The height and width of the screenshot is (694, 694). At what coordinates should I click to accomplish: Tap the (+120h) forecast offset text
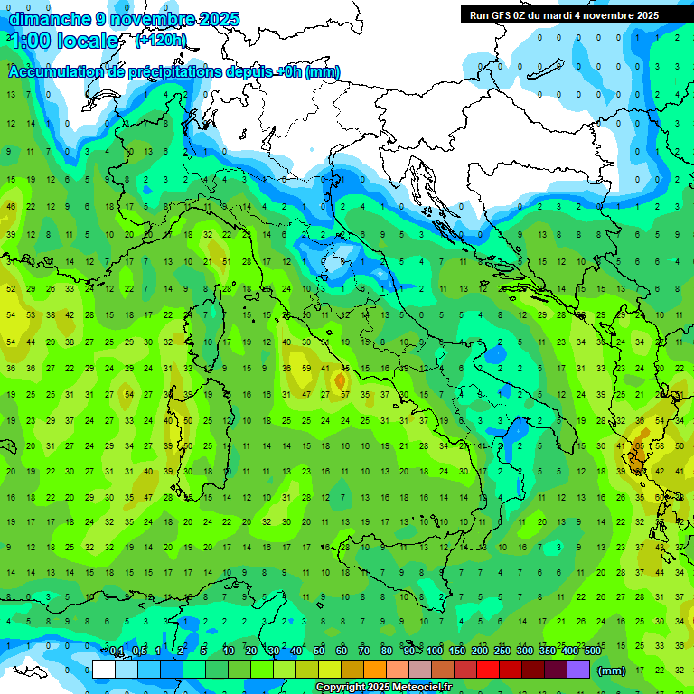[x=161, y=40]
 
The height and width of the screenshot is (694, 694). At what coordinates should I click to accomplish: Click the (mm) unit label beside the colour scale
[x=612, y=671]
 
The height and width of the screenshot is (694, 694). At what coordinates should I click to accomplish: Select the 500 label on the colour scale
[x=593, y=651]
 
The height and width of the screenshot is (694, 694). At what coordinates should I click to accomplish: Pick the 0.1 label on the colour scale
[x=117, y=651]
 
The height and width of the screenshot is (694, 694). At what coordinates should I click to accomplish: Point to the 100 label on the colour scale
[x=435, y=651]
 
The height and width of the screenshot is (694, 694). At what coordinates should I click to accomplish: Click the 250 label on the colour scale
[x=502, y=651]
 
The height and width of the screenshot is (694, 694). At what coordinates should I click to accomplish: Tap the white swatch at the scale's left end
[x=104, y=670]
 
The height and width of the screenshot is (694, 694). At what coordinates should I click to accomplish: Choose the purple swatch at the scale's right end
[x=578, y=670]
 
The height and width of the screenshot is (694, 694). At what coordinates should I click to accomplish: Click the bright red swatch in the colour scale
[x=488, y=670]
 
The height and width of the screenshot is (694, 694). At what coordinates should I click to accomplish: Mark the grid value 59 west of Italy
[x=306, y=368]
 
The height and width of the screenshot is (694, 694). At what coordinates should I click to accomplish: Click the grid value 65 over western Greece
[x=640, y=445]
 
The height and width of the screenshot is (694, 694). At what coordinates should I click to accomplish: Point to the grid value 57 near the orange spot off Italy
[x=345, y=394]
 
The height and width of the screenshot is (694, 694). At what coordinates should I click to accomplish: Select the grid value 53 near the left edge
[x=31, y=314]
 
